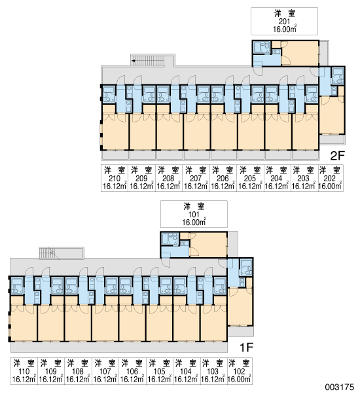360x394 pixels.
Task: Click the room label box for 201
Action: coord(284,21)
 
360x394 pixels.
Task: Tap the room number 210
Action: coord(115,179)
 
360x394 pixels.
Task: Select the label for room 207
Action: coord(196,178)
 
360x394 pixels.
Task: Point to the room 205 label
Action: coord(250,178)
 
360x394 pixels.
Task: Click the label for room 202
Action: coord(330,178)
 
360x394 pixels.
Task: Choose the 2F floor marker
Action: coord(337,156)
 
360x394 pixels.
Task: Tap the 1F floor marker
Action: coord(246,348)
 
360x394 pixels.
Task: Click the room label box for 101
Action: coord(194,214)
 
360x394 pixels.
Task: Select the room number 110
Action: coord(24,371)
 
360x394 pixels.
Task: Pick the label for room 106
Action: coord(132,371)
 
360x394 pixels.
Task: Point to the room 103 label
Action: coord(213,371)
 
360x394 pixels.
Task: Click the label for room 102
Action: coord(240,371)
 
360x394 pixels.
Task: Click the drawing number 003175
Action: coord(340,387)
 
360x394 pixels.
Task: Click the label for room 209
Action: coord(141,178)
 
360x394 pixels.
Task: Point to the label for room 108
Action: coord(78,371)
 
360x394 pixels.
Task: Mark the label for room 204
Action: coord(278,178)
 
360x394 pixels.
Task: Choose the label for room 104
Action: coord(187,371)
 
